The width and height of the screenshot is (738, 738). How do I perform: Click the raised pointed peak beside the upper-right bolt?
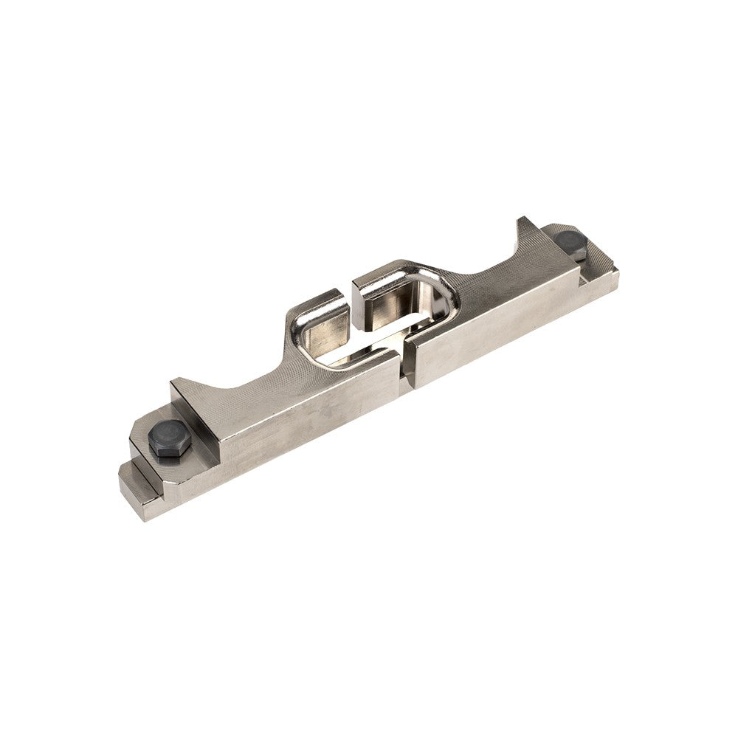tap(525, 224)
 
